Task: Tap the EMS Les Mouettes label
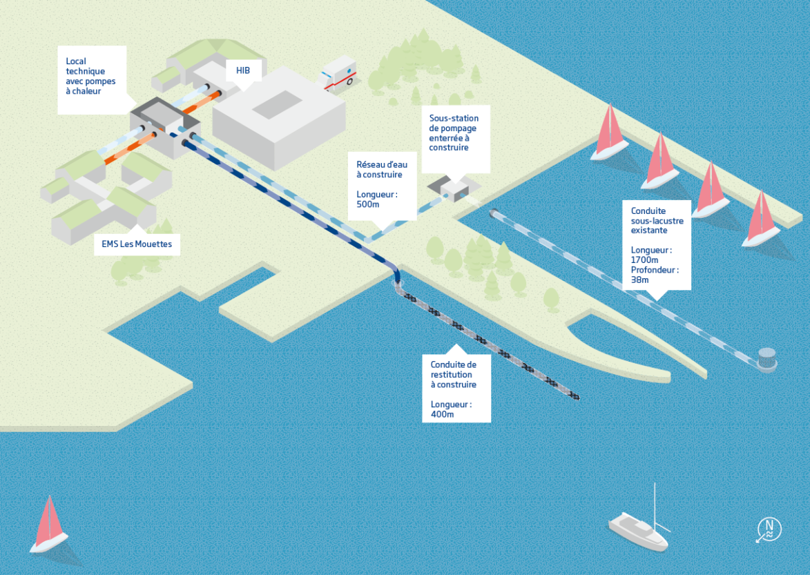[132, 244]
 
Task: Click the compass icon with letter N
[769, 529]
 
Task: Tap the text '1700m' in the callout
[645, 260]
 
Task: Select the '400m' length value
[442, 414]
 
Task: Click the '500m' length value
[369, 205]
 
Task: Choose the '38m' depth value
[640, 280]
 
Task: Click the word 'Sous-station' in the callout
[454, 118]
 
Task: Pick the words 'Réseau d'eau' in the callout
[382, 165]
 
